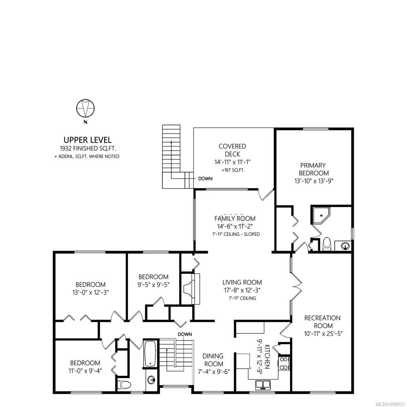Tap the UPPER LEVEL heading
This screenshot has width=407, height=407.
point(88,140)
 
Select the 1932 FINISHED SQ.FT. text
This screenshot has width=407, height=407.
point(88,149)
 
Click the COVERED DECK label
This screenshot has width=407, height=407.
point(232,150)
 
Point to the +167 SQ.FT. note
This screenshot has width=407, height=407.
point(232,170)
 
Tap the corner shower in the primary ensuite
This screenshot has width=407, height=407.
point(319,215)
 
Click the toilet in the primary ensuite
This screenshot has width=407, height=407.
point(327,244)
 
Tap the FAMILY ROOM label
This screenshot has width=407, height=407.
point(235,219)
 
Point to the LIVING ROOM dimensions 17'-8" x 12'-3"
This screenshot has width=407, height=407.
point(242,290)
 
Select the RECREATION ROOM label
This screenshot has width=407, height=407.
point(322,318)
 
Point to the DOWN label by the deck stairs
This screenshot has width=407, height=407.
point(206,178)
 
